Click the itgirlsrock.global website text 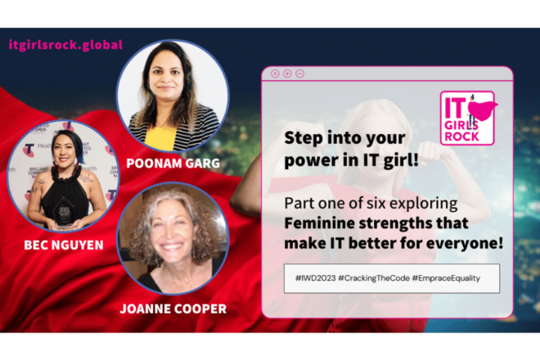(x=65, y=45)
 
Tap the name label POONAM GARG (x=173, y=163)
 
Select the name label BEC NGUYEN (x=64, y=245)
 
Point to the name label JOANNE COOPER (x=173, y=308)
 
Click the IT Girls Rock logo (x=467, y=118)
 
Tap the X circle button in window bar (x=275, y=74)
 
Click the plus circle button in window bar (x=287, y=74)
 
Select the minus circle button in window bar (x=300, y=74)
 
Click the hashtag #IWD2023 (x=316, y=278)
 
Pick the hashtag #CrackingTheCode (x=374, y=278)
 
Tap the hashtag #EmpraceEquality (x=446, y=278)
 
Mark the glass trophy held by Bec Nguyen (x=64, y=213)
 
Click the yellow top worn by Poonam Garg (x=160, y=139)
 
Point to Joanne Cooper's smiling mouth (x=171, y=246)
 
